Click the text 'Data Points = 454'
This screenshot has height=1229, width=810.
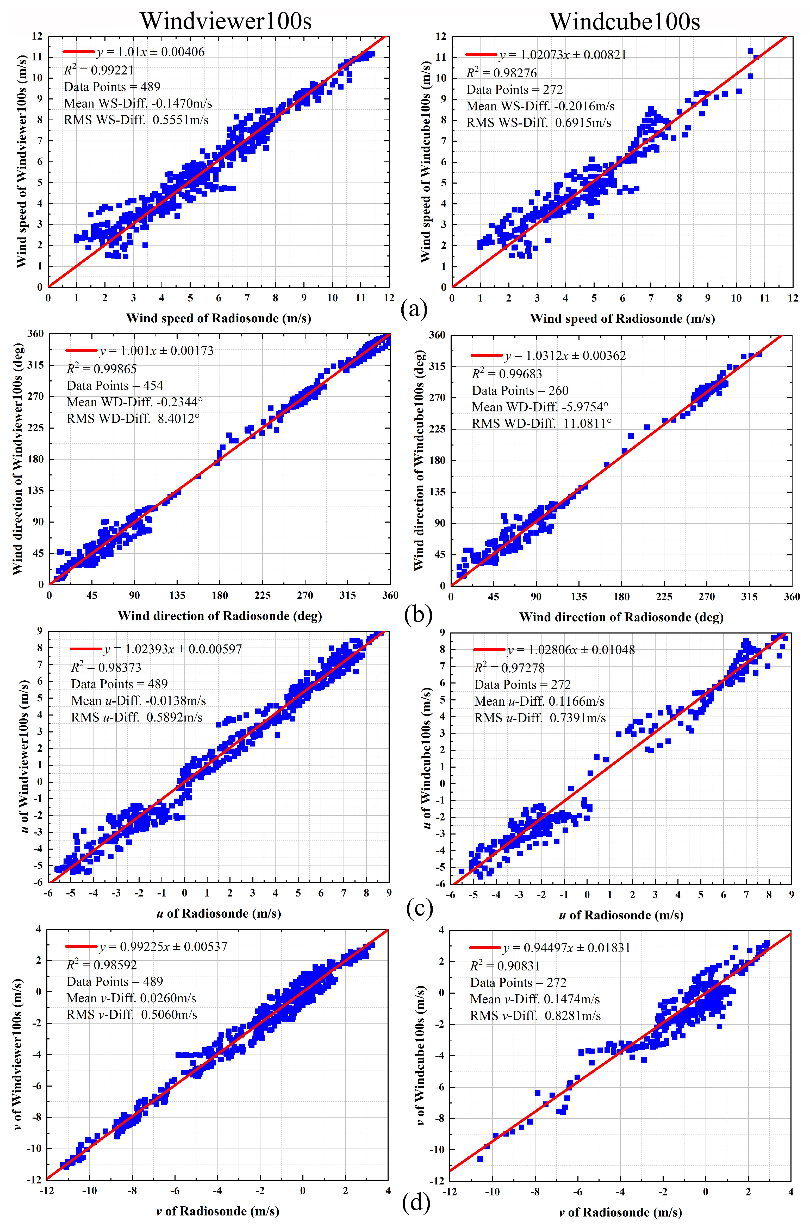click(x=115, y=386)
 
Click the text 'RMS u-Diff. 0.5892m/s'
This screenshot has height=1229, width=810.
click(x=137, y=717)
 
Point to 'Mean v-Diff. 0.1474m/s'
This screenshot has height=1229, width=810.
click(x=535, y=999)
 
